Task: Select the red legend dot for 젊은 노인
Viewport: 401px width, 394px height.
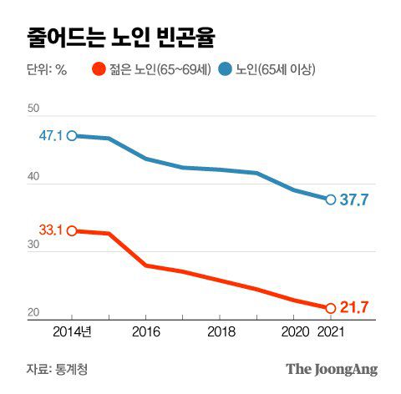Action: (99, 71)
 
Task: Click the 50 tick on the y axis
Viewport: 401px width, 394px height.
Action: (33, 109)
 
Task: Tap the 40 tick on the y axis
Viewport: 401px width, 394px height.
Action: (33, 178)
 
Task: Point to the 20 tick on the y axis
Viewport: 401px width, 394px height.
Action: (33, 314)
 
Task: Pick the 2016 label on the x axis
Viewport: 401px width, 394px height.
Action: (146, 331)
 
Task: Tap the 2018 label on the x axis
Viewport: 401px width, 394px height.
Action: (220, 331)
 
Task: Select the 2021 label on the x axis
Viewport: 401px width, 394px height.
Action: (330, 331)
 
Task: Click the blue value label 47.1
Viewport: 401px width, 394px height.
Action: (51, 135)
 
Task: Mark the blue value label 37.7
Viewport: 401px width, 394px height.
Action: (356, 200)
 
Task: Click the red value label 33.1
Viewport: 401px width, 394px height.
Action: (51, 230)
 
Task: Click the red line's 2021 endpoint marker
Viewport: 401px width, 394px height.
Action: (330, 308)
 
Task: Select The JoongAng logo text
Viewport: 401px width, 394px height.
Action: (332, 368)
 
